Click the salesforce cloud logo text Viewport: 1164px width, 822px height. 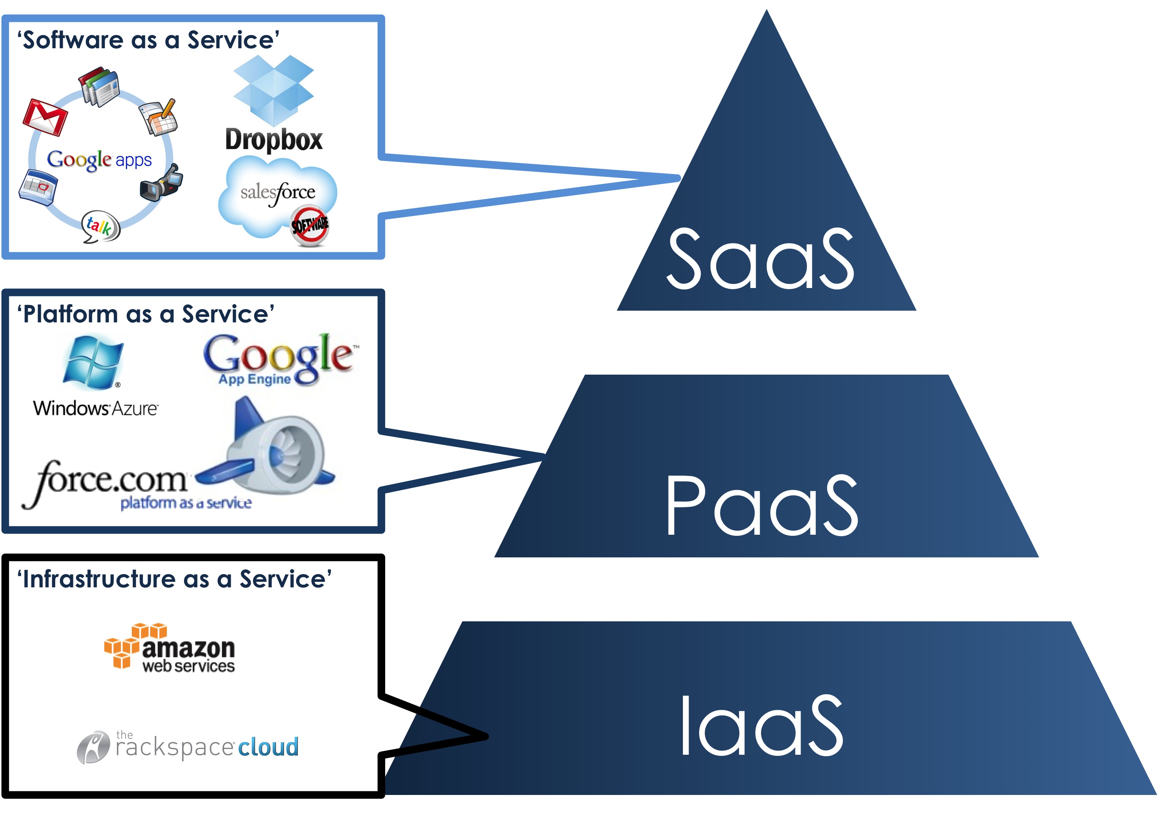pos(277,193)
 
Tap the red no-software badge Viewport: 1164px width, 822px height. pos(309,226)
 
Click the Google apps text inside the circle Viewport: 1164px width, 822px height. pos(99,160)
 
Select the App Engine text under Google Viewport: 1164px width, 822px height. pos(254,379)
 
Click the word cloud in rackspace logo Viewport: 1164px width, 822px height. pos(268,747)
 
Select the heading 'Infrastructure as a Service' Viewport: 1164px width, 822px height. pos(175,579)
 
